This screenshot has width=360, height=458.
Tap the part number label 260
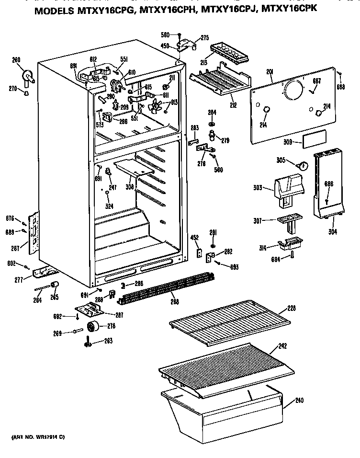16,60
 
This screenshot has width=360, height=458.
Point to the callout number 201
270,72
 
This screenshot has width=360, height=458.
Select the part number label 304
333,233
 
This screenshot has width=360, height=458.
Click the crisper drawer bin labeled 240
225,407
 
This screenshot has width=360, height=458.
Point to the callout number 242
283,346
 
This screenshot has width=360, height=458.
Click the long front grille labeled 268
163,287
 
